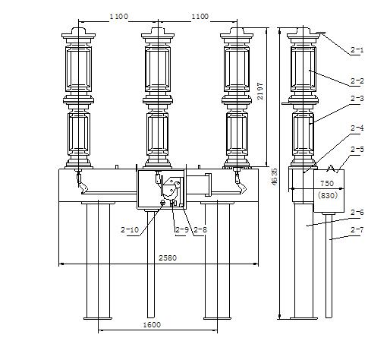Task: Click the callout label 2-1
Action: coord(357,50)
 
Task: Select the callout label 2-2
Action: coord(357,81)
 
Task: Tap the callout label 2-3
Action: coord(357,98)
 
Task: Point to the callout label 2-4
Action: coord(357,128)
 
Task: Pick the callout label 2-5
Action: coord(357,150)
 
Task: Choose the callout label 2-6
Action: coord(357,213)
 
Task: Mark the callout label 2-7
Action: coord(357,230)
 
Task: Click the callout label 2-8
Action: coord(200,229)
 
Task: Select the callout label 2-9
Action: coord(182,229)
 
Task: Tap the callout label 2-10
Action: coord(130,229)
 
